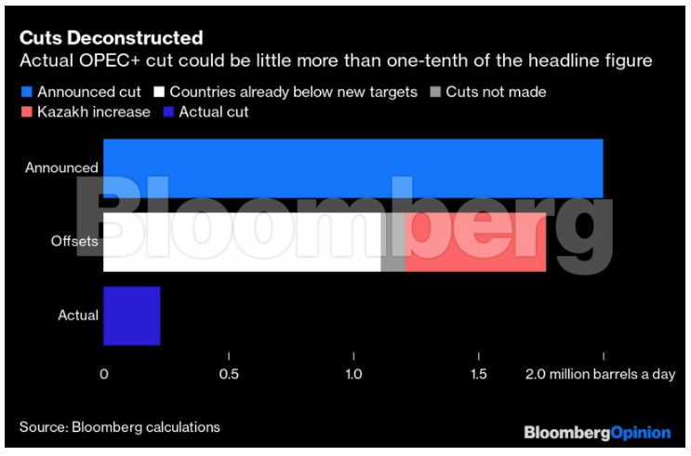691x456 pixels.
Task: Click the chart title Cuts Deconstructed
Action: tap(111, 38)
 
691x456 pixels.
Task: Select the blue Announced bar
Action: tap(352, 168)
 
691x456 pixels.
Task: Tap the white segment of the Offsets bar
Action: tap(242, 242)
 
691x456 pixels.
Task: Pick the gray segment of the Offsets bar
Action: tap(393, 242)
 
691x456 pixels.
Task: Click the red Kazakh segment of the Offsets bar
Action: tap(475, 242)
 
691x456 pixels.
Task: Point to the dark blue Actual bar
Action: tap(131, 315)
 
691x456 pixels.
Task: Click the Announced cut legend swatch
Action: tap(25, 92)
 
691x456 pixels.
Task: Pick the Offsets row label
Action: tap(74, 242)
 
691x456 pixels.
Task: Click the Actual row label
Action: tap(78, 315)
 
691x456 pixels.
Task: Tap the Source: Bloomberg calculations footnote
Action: tap(120, 427)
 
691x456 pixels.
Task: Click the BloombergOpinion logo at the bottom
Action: tap(597, 433)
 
